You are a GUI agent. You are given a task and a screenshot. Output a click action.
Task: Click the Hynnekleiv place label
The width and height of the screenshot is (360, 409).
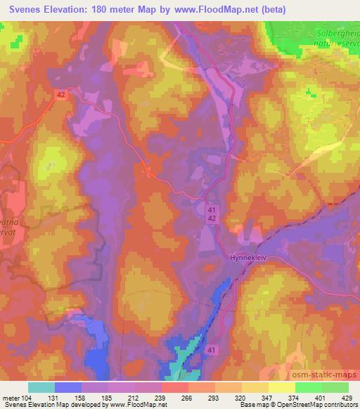pos(246,258)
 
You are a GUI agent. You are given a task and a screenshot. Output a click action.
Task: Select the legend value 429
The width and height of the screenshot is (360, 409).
pos(347,398)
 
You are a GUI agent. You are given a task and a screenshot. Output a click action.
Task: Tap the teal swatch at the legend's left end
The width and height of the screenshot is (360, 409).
pos(41,387)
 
